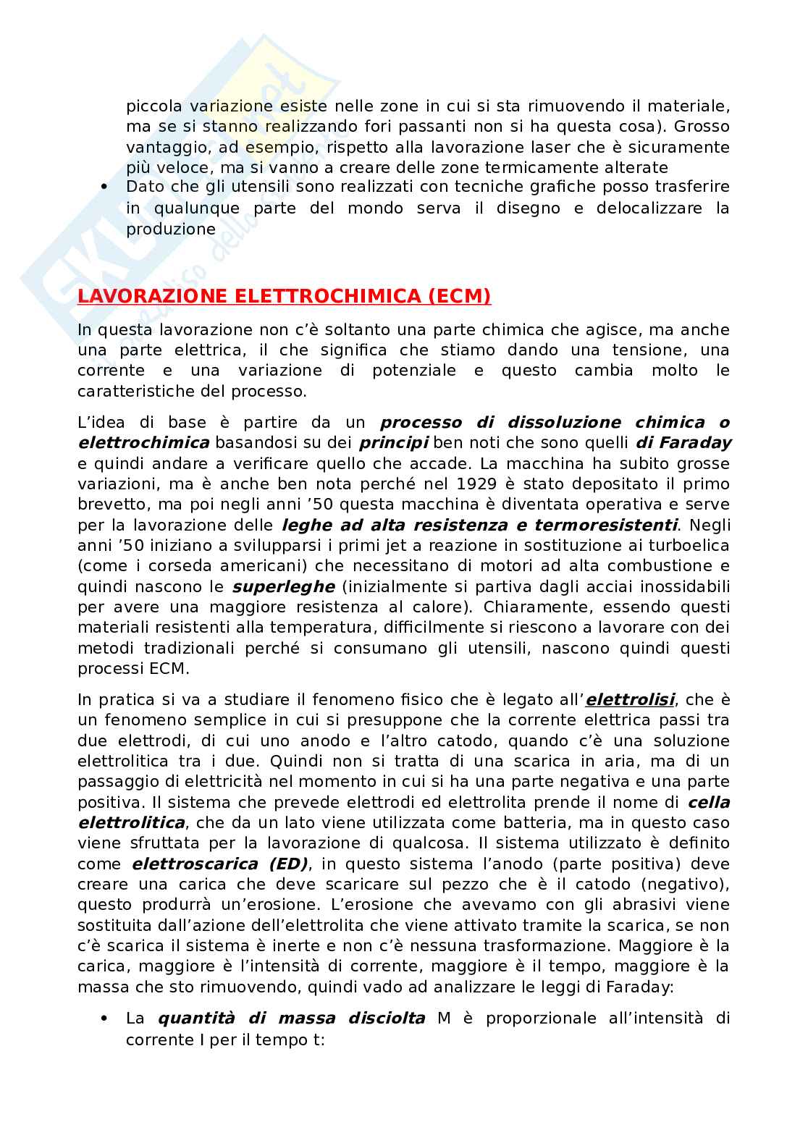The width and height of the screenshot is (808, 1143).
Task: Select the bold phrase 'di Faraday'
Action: (x=683, y=442)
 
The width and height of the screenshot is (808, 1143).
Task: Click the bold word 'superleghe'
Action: (x=283, y=586)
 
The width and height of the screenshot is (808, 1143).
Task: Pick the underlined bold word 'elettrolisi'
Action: (x=630, y=700)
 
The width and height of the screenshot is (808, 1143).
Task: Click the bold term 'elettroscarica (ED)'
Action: (x=219, y=864)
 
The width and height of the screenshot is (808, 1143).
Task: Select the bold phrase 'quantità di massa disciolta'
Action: (x=291, y=1018)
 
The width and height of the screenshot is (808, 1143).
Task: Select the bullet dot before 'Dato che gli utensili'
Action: (x=105, y=187)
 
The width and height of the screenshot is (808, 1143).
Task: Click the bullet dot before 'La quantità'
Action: (x=105, y=1018)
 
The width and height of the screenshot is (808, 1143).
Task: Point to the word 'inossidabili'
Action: (x=686, y=586)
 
